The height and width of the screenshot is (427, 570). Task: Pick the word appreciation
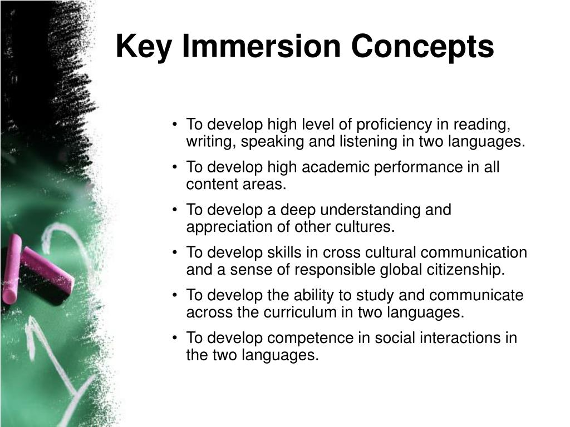tap(223, 227)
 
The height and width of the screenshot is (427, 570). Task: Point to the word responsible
tap(333, 270)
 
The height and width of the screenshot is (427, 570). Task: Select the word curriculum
tap(296, 312)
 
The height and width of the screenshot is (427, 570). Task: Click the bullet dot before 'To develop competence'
tap(175, 338)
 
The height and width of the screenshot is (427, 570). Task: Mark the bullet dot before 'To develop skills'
tap(175, 253)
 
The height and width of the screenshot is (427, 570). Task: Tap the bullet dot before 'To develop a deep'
tap(175, 210)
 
